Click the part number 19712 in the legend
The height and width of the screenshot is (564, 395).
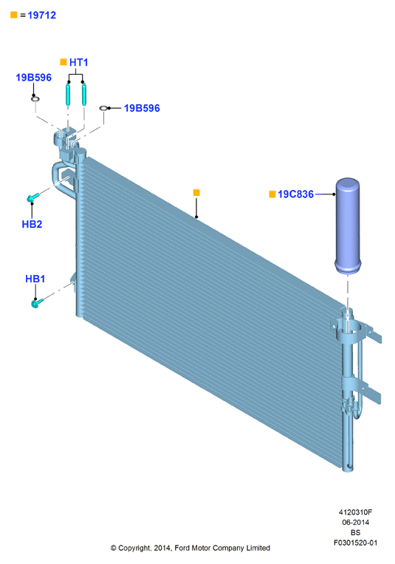[41, 15]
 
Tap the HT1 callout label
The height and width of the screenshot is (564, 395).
[79, 62]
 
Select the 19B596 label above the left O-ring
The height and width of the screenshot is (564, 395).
[34, 78]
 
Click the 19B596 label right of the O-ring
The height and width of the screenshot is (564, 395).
[142, 108]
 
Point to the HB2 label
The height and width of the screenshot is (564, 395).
[32, 224]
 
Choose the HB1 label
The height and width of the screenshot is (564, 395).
[35, 279]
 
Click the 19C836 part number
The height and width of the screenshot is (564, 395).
[296, 194]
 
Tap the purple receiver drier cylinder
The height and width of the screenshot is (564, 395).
[348, 225]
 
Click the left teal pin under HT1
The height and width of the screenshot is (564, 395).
[68, 94]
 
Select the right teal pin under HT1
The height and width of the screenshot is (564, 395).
[83, 94]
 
